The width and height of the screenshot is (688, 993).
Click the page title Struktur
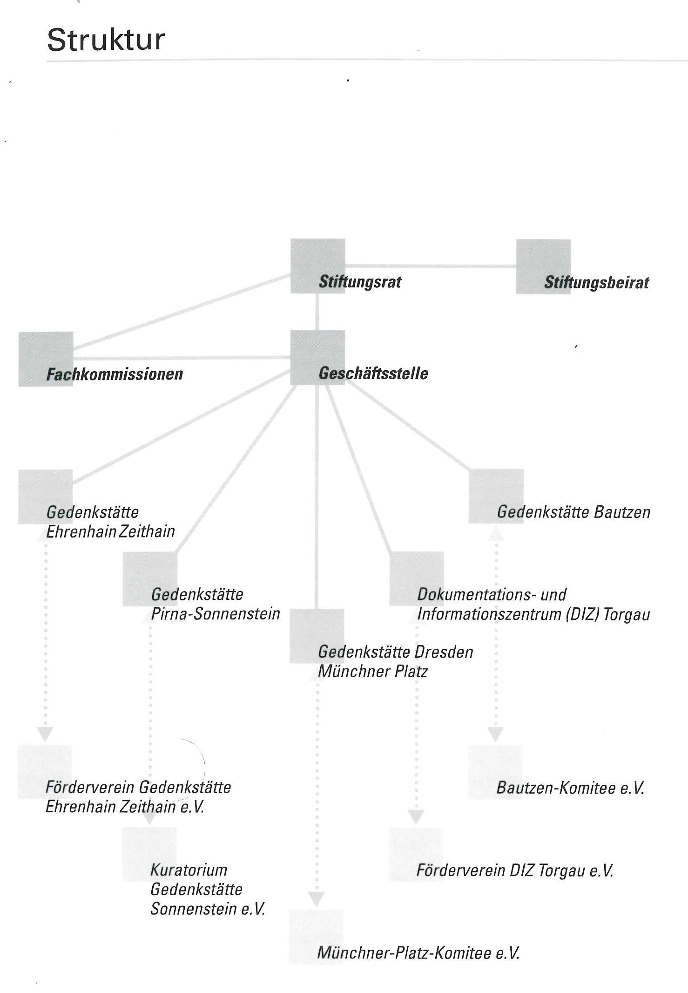tap(106, 40)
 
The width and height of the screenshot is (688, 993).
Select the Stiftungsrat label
tap(359, 282)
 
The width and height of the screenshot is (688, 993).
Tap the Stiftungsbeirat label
tap(596, 283)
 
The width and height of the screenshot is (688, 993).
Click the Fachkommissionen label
tap(115, 374)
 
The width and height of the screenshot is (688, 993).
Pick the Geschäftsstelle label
tap(373, 374)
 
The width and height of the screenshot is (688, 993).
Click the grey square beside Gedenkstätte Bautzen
tap(496, 496)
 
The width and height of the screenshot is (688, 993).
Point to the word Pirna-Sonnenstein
tap(216, 614)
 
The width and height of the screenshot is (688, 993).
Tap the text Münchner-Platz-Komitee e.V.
tap(418, 952)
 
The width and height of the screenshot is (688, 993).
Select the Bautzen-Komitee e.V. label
tap(570, 788)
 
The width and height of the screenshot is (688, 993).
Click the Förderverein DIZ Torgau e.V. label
tap(515, 870)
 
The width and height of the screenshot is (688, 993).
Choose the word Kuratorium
tap(189, 870)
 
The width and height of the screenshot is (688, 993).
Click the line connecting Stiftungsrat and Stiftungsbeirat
tap(431, 266)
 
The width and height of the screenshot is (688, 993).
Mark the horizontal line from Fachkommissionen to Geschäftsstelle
tap(182, 358)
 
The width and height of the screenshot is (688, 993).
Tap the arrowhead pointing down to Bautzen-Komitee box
tap(495, 734)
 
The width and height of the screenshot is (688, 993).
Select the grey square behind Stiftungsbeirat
tap(543, 266)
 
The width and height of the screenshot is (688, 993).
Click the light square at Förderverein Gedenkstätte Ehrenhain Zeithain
tap(45, 771)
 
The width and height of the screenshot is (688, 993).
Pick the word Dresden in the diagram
tap(444, 652)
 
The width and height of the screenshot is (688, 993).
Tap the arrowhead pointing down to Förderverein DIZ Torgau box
tap(416, 817)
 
